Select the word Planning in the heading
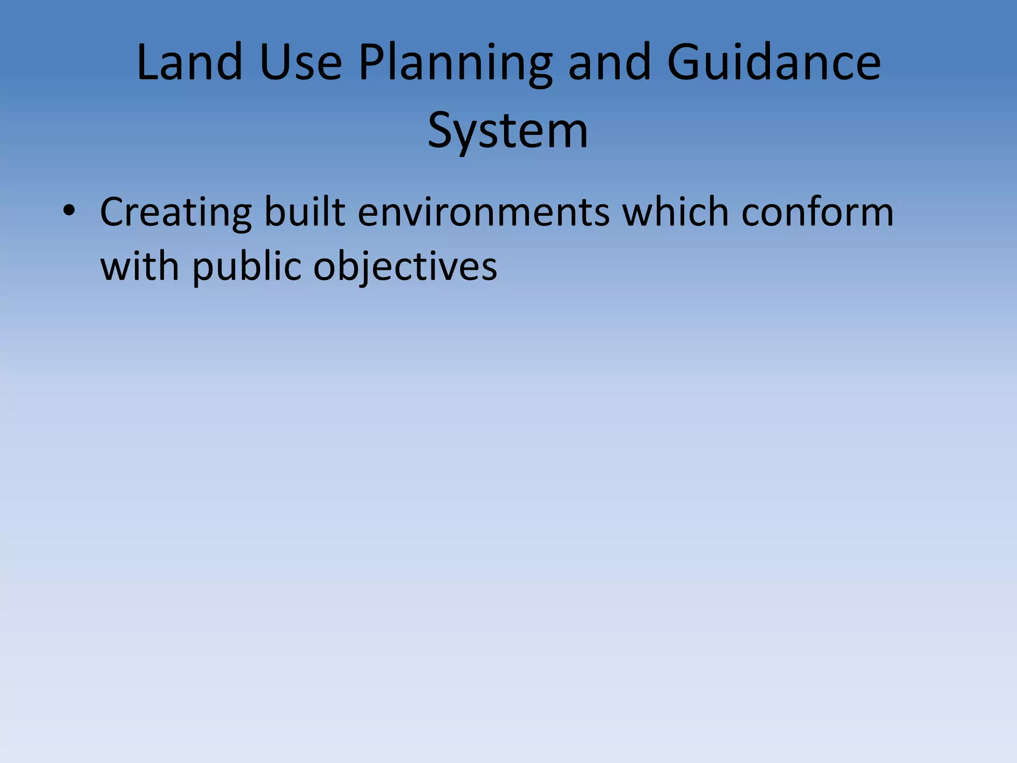pyautogui.click(x=455, y=64)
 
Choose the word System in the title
pyautogui.click(x=508, y=131)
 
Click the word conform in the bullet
pyautogui.click(x=817, y=212)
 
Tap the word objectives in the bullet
pyautogui.click(x=405, y=267)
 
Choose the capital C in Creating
pyautogui.click(x=113, y=212)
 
